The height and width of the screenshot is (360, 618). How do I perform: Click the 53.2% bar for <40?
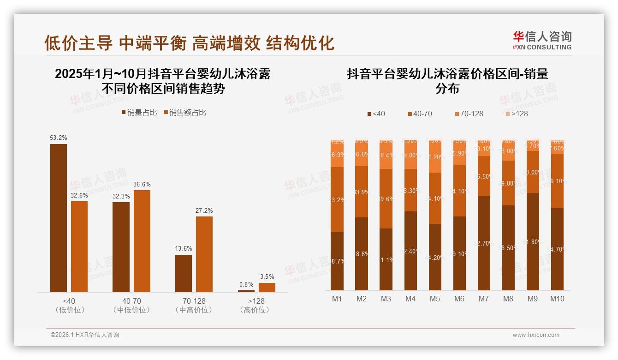[59, 218]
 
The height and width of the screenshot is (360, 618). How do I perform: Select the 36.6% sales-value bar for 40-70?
[142, 241]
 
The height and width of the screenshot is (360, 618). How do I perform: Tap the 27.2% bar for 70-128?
[204, 254]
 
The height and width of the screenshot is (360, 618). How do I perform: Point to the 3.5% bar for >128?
[267, 287]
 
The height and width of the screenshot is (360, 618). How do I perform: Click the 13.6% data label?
[184, 248]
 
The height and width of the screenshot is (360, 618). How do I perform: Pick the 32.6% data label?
[79, 195]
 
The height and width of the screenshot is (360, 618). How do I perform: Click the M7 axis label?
[483, 299]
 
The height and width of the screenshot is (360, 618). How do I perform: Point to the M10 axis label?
[557, 299]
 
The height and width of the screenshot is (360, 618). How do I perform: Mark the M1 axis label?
[337, 299]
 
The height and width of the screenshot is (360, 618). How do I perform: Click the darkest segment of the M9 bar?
[533, 241]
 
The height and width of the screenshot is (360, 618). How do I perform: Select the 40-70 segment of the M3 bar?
[386, 198]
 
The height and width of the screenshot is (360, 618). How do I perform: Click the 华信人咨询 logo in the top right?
[542, 40]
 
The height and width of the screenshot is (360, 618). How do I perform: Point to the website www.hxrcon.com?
[536, 335]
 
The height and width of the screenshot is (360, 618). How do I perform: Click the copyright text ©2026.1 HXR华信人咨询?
[85, 335]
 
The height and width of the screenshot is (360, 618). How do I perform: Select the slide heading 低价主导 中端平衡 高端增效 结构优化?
[189, 43]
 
